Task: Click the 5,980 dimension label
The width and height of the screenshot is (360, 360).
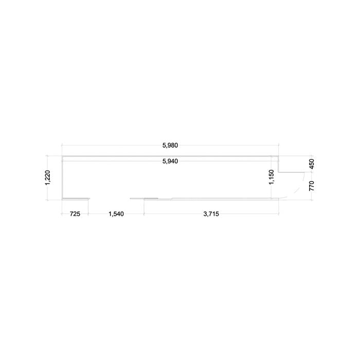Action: pyautogui.click(x=170, y=146)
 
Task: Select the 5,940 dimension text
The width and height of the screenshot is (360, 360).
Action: pyautogui.click(x=170, y=161)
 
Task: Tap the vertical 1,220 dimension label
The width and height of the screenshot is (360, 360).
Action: pyautogui.click(x=47, y=177)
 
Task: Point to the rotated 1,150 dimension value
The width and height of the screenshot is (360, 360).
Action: pyautogui.click(x=272, y=177)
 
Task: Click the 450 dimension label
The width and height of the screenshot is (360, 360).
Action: pyautogui.click(x=312, y=164)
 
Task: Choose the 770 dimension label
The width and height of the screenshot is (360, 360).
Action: pyautogui.click(x=312, y=186)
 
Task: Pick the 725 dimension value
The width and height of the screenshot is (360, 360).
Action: pyautogui.click(x=75, y=214)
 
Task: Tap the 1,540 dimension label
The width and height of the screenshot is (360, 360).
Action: pyautogui.click(x=116, y=214)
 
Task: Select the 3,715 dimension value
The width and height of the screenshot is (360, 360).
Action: pyautogui.click(x=211, y=214)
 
